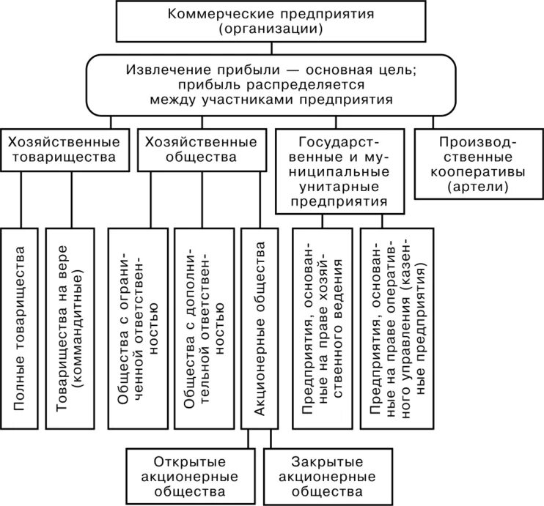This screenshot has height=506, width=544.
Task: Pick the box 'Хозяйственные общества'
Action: (201, 149)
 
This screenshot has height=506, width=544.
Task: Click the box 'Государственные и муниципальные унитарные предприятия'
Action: (342, 171)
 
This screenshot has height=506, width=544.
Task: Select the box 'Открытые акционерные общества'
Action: (189, 475)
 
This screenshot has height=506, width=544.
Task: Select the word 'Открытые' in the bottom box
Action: (189, 461)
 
